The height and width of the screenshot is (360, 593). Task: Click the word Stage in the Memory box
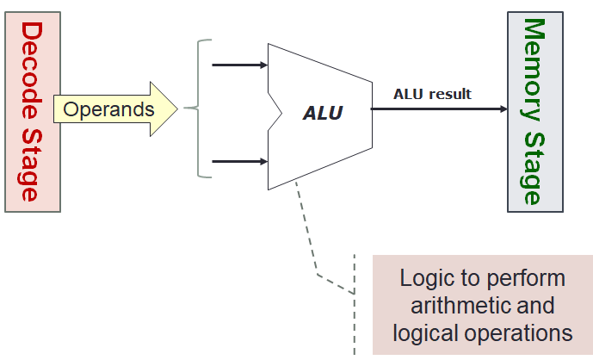click(534, 164)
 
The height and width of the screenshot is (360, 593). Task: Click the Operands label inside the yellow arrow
click(109, 109)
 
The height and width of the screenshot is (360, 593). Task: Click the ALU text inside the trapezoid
click(322, 113)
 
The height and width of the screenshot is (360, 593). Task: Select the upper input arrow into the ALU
click(239, 65)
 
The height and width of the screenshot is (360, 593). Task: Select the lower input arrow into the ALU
click(239, 161)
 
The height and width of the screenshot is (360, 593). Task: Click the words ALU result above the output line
click(432, 94)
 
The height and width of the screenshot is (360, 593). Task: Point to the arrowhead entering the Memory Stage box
click(501, 109)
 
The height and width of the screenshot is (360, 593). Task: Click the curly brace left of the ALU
click(196, 109)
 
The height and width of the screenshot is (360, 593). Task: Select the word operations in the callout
click(524, 332)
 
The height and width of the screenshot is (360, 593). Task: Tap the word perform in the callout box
click(528, 278)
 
